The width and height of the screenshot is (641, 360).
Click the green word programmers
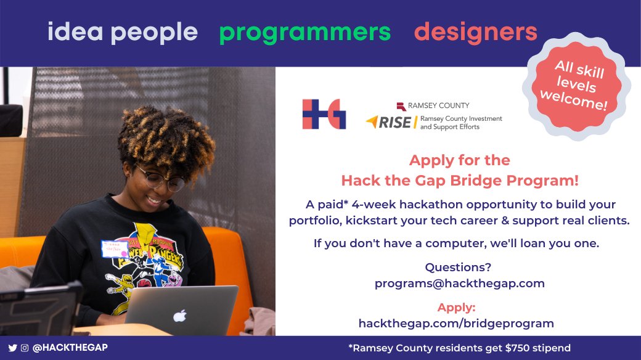[x=305, y=33]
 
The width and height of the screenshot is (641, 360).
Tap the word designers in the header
[x=475, y=32]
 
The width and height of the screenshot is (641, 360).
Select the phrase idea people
[x=123, y=32]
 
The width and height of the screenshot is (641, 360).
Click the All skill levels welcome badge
[x=574, y=86]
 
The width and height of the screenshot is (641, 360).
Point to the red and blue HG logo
[x=324, y=114]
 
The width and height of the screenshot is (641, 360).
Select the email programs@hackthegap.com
[x=460, y=284]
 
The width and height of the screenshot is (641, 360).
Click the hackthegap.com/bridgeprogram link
[x=456, y=323]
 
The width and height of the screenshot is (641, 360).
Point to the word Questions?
[x=458, y=267]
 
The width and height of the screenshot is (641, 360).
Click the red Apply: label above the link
[x=456, y=307]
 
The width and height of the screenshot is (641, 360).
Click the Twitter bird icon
[x=13, y=348]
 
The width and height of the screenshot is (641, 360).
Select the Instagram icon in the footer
[x=25, y=348]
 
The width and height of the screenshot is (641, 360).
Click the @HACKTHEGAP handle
[x=70, y=347]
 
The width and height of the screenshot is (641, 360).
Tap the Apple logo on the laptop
[x=180, y=316]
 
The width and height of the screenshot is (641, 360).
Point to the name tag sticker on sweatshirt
[x=115, y=249]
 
